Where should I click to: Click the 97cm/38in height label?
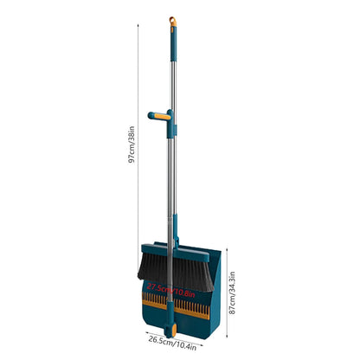pos(132,147)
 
